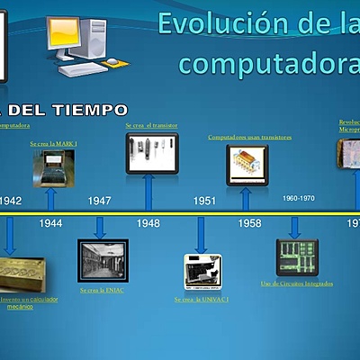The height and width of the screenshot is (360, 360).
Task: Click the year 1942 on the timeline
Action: pyautogui.click(x=12, y=201)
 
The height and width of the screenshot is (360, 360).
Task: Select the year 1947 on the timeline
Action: pyautogui.click(x=100, y=201)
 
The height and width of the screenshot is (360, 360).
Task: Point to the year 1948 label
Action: pyautogui.click(x=148, y=221)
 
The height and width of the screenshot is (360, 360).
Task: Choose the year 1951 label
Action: pyautogui.click(x=204, y=201)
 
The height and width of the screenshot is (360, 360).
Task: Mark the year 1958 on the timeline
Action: pyautogui.click(x=250, y=221)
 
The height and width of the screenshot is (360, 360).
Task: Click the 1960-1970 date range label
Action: pyautogui.click(x=299, y=198)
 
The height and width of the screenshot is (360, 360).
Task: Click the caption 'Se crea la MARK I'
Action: pyautogui.click(x=53, y=143)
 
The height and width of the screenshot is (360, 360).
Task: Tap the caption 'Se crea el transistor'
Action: pyautogui.click(x=150, y=126)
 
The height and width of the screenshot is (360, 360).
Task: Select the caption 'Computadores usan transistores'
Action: pyautogui.click(x=250, y=138)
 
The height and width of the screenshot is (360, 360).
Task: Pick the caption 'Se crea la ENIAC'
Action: pyautogui.click(x=101, y=291)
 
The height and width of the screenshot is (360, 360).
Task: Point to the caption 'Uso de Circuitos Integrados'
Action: pyautogui.click(x=297, y=283)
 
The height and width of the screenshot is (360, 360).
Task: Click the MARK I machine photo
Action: pyautogui.click(x=53, y=168)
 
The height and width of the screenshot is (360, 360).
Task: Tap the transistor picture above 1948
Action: pyautogui.click(x=151, y=152)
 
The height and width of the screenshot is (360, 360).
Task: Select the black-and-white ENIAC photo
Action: pyautogui.click(x=103, y=261)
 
